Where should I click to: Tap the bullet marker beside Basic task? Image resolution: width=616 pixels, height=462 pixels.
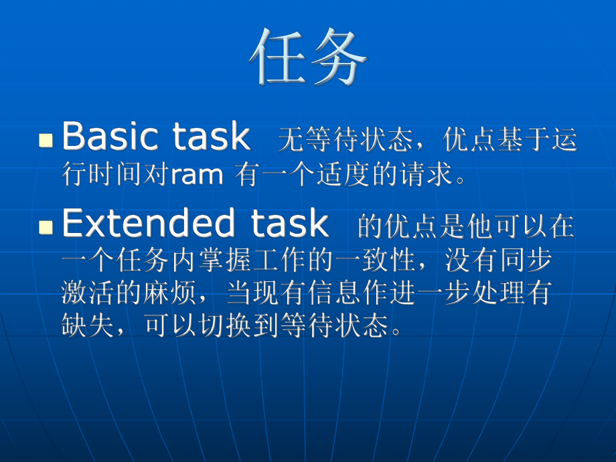[x=46, y=140]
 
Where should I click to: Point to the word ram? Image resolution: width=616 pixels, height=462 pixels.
[x=197, y=175]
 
